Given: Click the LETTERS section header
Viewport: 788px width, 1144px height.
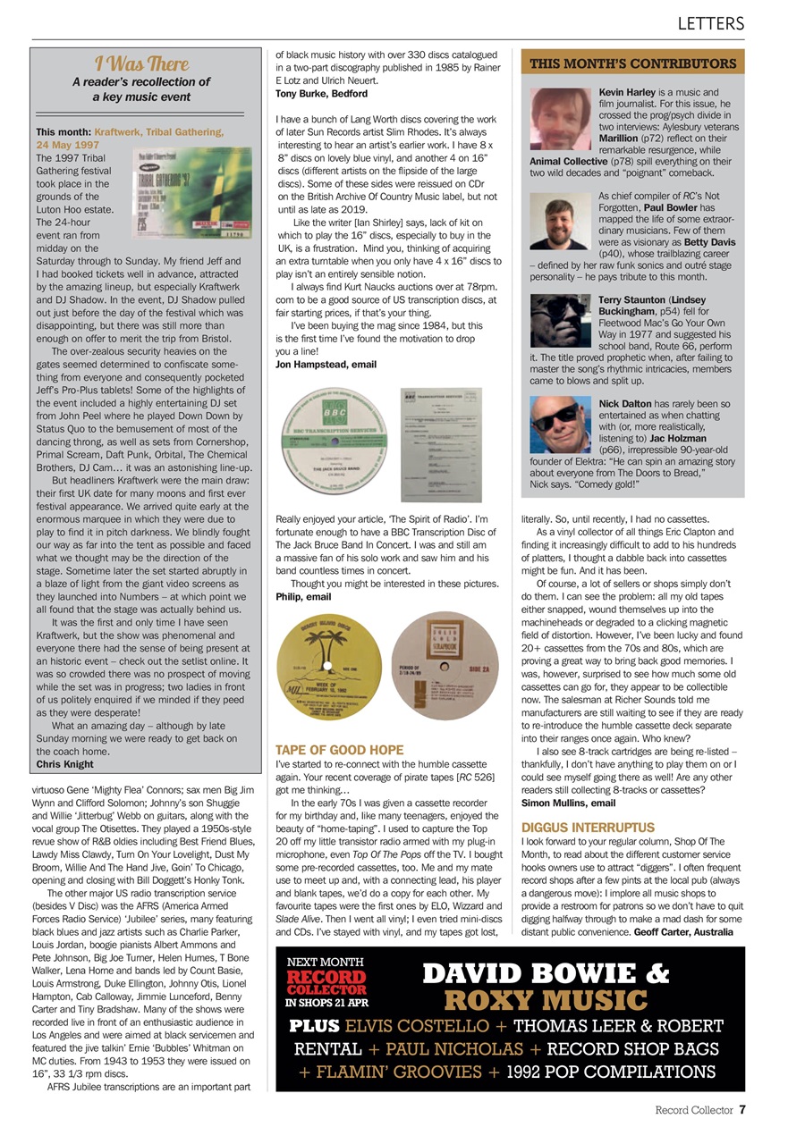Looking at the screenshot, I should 710,23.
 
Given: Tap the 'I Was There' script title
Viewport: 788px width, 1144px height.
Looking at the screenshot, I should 141,63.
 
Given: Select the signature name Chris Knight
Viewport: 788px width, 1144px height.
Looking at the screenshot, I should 64,764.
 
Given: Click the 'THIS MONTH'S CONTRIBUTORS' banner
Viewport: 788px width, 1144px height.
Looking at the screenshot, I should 632,63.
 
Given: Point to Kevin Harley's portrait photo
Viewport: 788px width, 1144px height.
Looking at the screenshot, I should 559,119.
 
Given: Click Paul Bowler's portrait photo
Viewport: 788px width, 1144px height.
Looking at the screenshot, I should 559,220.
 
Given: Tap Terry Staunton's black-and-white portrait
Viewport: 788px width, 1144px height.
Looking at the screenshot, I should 559,321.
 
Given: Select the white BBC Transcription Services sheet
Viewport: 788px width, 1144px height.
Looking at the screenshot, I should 441,433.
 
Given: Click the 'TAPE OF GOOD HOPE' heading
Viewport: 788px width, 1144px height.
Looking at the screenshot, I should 339,750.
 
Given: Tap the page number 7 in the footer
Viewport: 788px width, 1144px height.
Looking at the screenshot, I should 742,1111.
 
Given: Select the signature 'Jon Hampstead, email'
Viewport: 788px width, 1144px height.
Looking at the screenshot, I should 326,365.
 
